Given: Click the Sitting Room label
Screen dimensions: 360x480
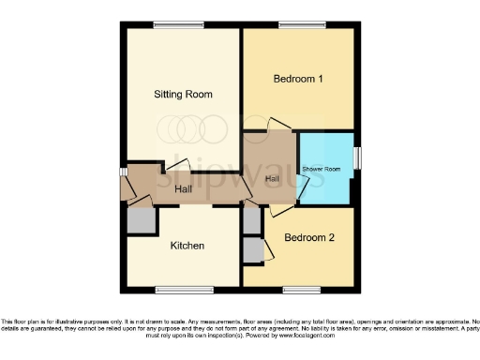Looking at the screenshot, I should click(x=184, y=94).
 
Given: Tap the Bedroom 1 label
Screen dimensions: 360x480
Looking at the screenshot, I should click(x=298, y=80).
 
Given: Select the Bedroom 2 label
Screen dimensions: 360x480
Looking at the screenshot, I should click(x=309, y=238).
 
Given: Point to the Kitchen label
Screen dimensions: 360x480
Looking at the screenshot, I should click(x=187, y=247).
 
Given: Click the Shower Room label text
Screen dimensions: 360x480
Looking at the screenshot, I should click(x=321, y=169).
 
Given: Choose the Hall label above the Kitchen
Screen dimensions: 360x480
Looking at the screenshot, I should click(x=184, y=189).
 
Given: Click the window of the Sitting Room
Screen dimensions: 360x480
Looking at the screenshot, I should click(x=181, y=23).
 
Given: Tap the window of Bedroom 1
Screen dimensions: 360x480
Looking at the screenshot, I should click(x=298, y=23).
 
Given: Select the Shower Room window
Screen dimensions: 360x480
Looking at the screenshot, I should click(x=357, y=157).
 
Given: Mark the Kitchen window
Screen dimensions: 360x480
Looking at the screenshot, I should click(x=184, y=289).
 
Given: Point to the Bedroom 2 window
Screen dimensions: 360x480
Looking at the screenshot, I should click(x=299, y=289).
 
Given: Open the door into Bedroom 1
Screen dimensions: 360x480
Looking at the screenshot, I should click(x=278, y=125).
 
